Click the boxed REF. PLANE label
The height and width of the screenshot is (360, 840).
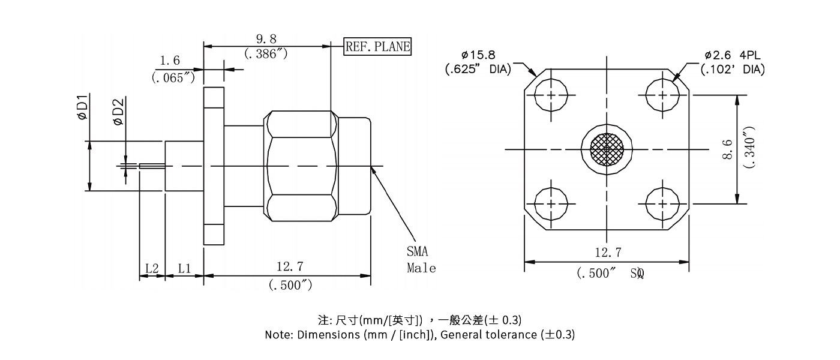click(x=377, y=47)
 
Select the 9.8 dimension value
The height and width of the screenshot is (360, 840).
click(x=266, y=40)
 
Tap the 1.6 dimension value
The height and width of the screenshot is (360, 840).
click(x=170, y=61)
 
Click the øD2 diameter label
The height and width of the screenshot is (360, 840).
click(x=118, y=113)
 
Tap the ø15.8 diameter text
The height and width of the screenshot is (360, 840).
click(x=478, y=55)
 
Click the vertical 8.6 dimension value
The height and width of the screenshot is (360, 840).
click(x=728, y=149)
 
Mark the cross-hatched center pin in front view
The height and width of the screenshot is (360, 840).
click(x=607, y=149)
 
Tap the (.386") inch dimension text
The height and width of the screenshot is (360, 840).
click(x=266, y=54)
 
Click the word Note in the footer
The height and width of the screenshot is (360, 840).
click(x=278, y=335)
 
